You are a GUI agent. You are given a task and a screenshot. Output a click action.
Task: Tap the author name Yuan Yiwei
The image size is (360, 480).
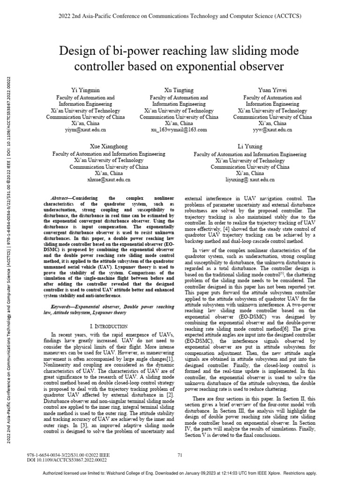[272, 90]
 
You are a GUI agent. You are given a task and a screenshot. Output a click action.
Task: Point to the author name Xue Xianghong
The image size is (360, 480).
[109, 147]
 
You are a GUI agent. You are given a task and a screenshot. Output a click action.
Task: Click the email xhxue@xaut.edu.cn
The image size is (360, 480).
[109, 180]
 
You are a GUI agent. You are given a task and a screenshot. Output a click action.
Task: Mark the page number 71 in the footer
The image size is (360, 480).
[180, 455]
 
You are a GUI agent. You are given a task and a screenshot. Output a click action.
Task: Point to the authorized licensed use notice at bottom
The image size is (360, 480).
[180, 474]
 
